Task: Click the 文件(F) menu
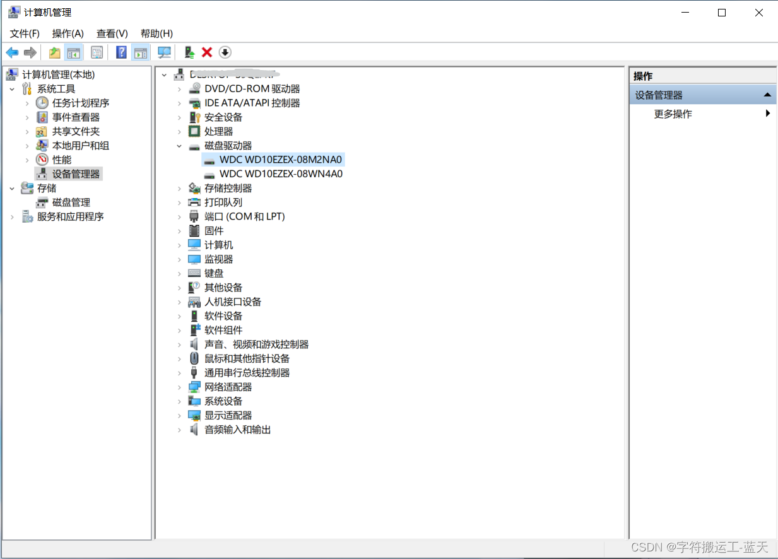[x=25, y=33]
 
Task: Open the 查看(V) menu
[x=112, y=33]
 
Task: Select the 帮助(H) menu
[x=156, y=33]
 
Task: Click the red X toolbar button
[x=207, y=52]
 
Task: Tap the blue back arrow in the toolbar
[x=12, y=52]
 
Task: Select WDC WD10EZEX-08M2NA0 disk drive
[x=280, y=160]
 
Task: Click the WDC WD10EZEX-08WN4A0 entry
[x=281, y=174]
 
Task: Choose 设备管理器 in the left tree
[x=76, y=174]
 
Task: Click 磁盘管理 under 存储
[x=71, y=203]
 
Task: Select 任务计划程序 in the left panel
[x=80, y=103]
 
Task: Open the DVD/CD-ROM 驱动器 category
[x=252, y=89]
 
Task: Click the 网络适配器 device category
[x=228, y=387]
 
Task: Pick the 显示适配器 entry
[x=228, y=415]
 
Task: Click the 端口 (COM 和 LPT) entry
[x=244, y=216]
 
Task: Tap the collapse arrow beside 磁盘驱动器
[x=179, y=146]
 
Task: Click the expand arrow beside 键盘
[x=179, y=273]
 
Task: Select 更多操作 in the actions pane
[x=673, y=114]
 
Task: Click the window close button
[x=759, y=13]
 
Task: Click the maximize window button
[x=722, y=13]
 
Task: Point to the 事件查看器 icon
[x=42, y=117]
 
